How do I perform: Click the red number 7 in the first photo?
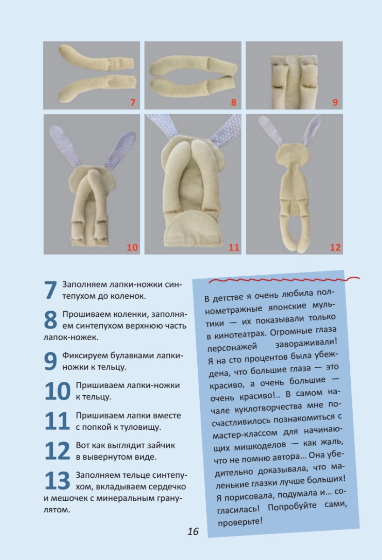pyautogui.click(x=132, y=102)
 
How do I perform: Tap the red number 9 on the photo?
pyautogui.click(x=335, y=102)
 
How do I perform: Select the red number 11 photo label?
pyautogui.click(x=234, y=247)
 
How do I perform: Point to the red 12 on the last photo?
pyautogui.click(x=335, y=247)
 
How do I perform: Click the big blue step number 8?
pyautogui.click(x=50, y=320)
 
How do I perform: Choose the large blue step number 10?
pyautogui.click(x=57, y=391)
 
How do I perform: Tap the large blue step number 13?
pyautogui.click(x=57, y=480)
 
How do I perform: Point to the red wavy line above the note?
pyautogui.click(x=284, y=279)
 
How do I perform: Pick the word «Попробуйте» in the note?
pyautogui.click(x=292, y=506)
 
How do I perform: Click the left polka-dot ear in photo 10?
pyautogui.click(x=64, y=146)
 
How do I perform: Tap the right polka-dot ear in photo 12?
pyautogui.click(x=311, y=131)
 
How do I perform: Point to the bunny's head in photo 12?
pyautogui.click(x=293, y=155)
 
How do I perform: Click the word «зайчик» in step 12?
pyautogui.click(x=161, y=446)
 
